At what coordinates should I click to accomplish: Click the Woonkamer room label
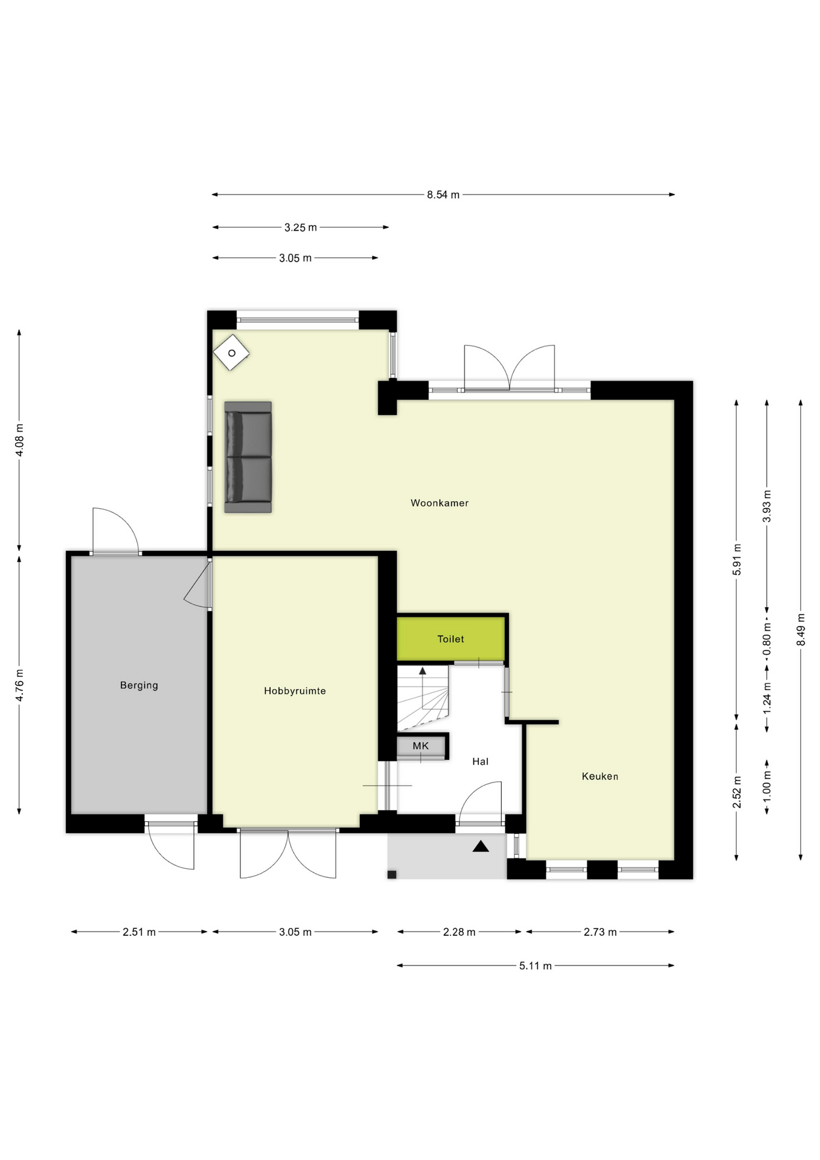tap(439, 503)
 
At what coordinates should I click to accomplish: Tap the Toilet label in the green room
tap(450, 639)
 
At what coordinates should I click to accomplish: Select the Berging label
tap(139, 685)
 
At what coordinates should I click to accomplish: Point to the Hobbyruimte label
tap(295, 691)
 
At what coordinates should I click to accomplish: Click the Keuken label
tap(600, 776)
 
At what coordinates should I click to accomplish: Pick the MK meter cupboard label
tap(421, 746)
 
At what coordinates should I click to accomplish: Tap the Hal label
tap(480, 761)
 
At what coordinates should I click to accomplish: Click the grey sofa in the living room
tap(248, 457)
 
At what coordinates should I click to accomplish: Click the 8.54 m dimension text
tap(443, 195)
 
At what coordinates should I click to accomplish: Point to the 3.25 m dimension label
tap(301, 228)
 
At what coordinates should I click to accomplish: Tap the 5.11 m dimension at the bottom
tap(535, 965)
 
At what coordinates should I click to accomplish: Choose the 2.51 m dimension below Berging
tap(139, 932)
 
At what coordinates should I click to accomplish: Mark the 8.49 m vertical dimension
tap(801, 630)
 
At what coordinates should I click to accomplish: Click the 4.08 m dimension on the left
tap(19, 440)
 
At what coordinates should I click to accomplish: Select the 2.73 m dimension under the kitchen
tap(600, 932)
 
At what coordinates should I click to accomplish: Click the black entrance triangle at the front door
tap(481, 846)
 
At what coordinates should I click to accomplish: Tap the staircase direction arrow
tap(423, 671)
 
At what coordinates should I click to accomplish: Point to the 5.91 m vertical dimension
tap(737, 560)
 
